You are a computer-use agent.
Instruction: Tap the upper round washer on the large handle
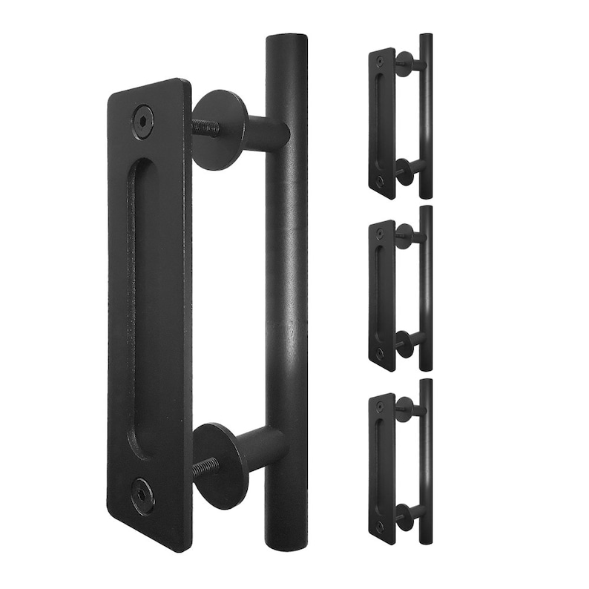click(x=220, y=130)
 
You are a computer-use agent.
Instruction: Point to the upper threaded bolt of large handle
click(x=205, y=128)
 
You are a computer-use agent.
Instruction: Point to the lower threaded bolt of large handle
click(x=205, y=468)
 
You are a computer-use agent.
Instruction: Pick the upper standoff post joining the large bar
click(x=267, y=134)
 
